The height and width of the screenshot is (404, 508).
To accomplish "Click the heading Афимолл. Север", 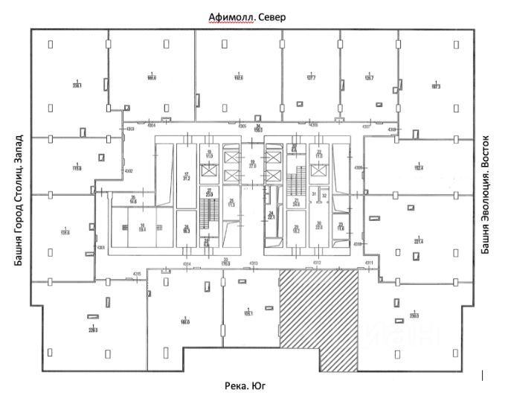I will [247, 17].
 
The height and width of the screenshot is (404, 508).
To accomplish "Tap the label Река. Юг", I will [245, 386].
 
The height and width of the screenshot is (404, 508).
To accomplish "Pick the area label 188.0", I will [152, 77].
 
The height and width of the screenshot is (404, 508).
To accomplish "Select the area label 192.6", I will [239, 77].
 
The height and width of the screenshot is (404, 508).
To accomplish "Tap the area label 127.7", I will [311, 77].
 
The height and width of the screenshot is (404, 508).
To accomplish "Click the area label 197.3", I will [434, 86].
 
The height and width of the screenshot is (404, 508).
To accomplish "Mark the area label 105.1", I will [248, 313].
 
